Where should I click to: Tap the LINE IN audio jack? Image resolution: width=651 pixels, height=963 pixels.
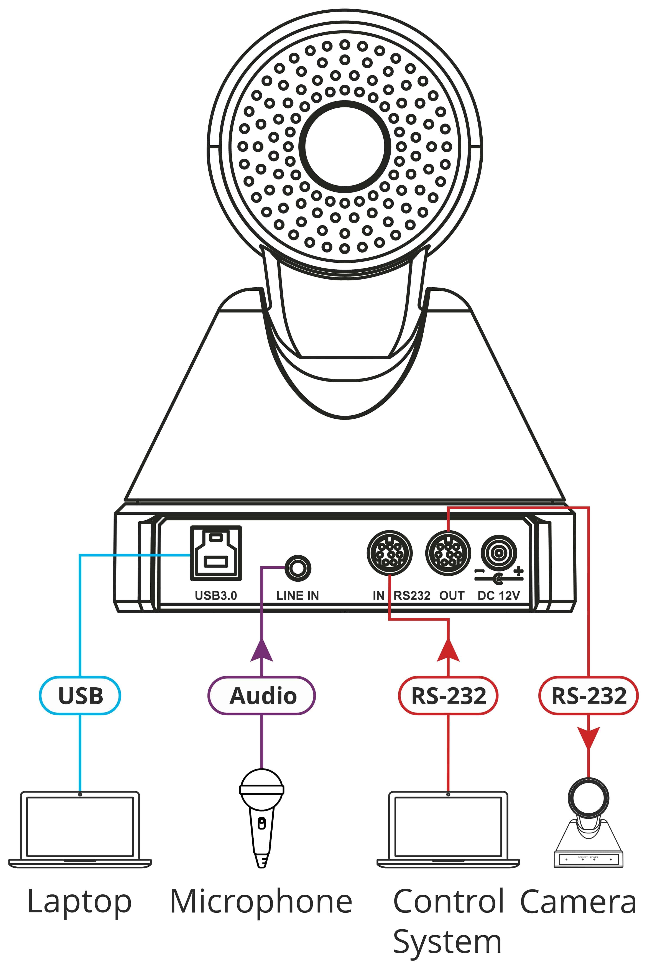coord(298,568)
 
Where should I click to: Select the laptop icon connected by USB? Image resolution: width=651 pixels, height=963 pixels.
coord(80,829)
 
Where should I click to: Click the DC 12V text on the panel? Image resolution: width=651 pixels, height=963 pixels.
coord(498,596)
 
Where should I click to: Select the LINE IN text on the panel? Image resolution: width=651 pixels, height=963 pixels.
coord(298,596)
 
